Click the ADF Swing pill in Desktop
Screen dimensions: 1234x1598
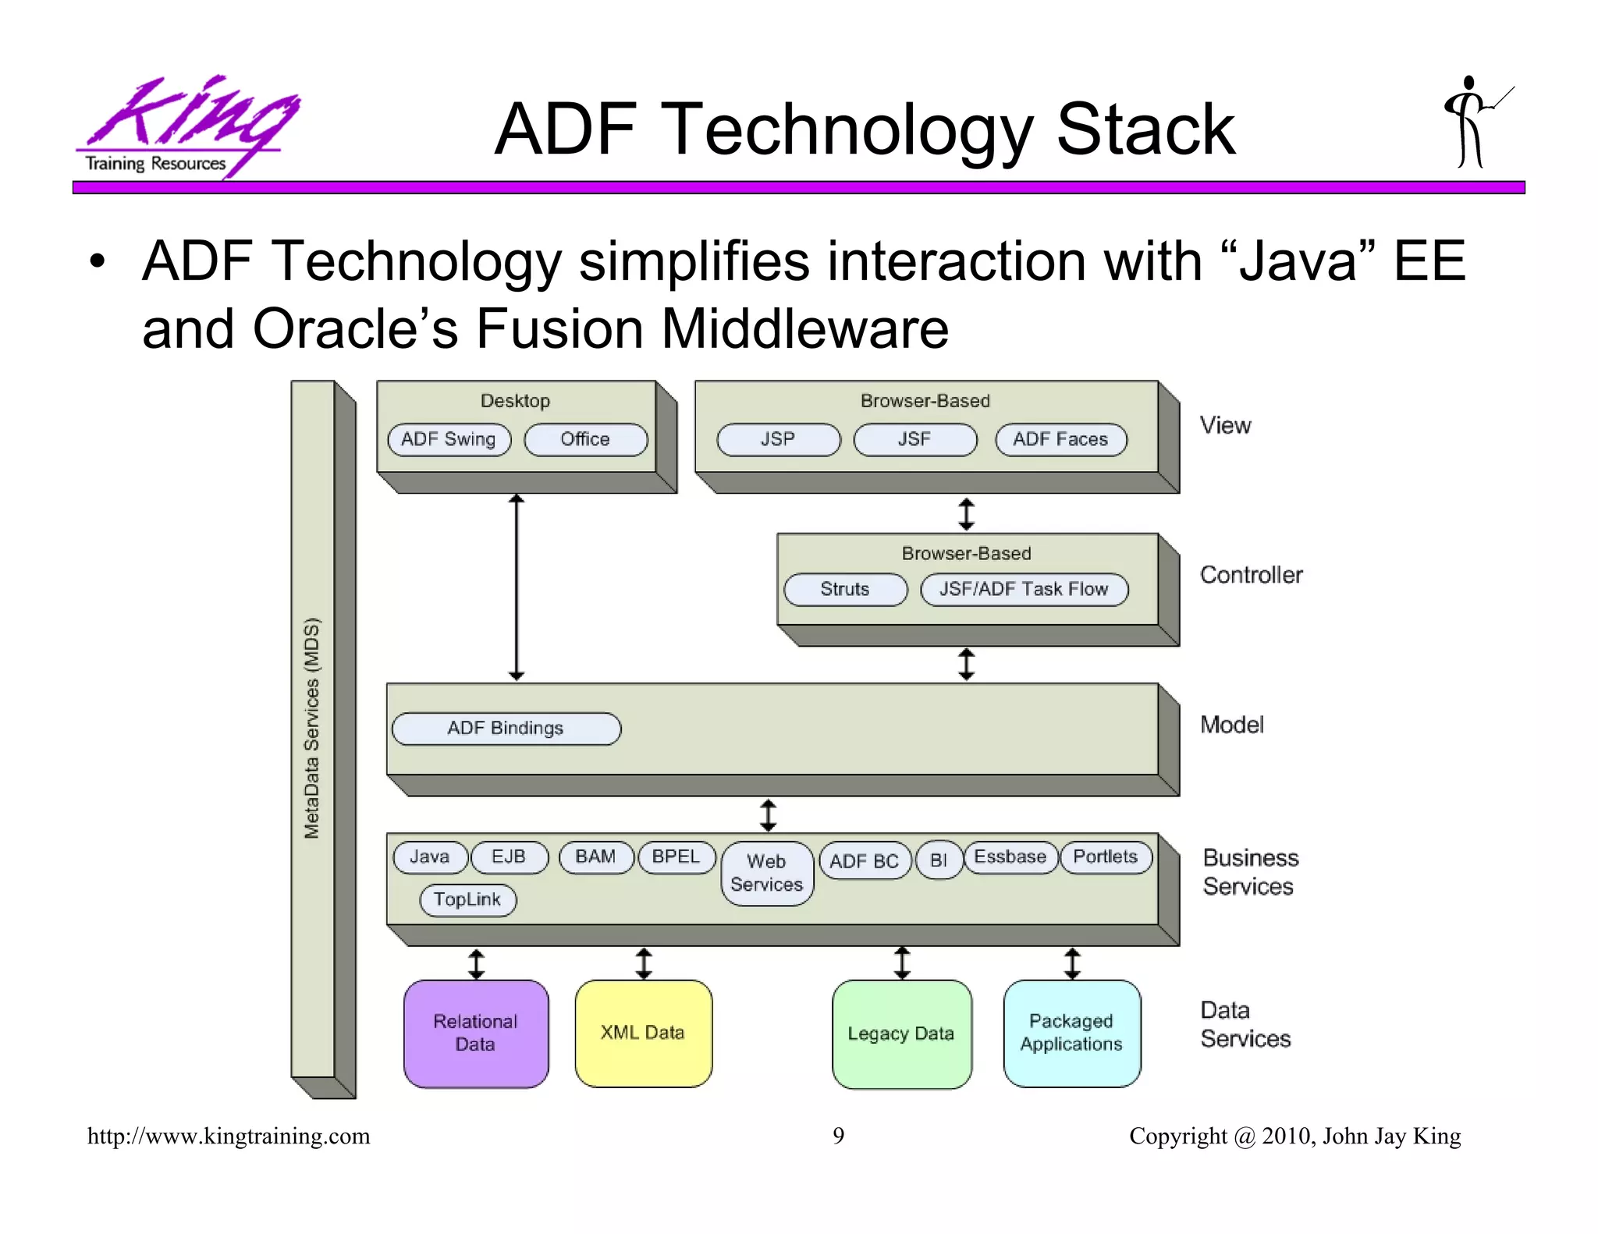[x=449, y=439]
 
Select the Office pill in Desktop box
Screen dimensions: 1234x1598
[x=585, y=439]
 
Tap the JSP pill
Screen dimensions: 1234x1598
[x=778, y=439]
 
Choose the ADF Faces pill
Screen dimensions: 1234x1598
[x=1060, y=439]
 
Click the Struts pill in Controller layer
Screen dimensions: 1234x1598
[x=845, y=589]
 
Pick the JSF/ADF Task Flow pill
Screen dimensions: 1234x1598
[x=1024, y=589]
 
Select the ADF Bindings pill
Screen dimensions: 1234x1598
[x=506, y=728]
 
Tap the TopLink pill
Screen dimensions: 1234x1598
[x=467, y=899]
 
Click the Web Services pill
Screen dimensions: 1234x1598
[x=767, y=873]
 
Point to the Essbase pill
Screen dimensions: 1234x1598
[x=1010, y=857]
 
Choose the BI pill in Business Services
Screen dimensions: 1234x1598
[x=939, y=860]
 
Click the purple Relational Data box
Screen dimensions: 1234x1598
[x=476, y=1033]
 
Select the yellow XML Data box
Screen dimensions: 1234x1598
[x=643, y=1033]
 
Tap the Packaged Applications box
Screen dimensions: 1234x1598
[x=1071, y=1033]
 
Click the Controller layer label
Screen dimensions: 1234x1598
[x=1251, y=575]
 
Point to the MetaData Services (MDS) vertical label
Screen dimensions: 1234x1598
[x=312, y=728]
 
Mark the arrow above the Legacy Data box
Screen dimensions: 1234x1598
[x=902, y=963]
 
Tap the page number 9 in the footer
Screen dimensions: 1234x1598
[x=838, y=1136]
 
